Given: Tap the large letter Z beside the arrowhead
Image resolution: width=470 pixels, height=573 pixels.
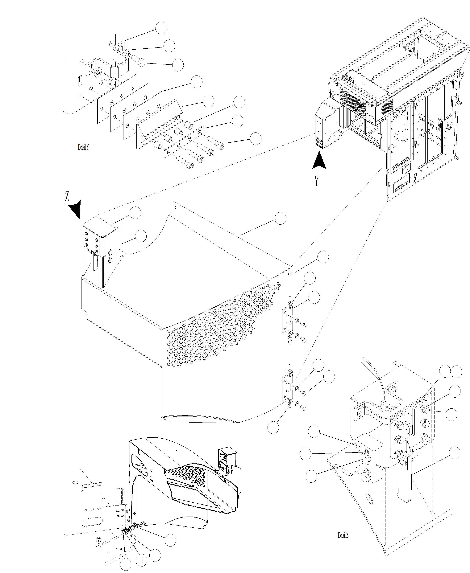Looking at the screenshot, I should tap(67, 197).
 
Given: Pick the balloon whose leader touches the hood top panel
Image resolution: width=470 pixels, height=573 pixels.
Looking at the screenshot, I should tap(280, 218).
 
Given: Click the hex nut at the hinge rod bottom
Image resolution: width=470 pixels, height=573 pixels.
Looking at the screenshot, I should tap(290, 406).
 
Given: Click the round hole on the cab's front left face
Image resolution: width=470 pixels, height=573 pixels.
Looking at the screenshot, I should tap(335, 95).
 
